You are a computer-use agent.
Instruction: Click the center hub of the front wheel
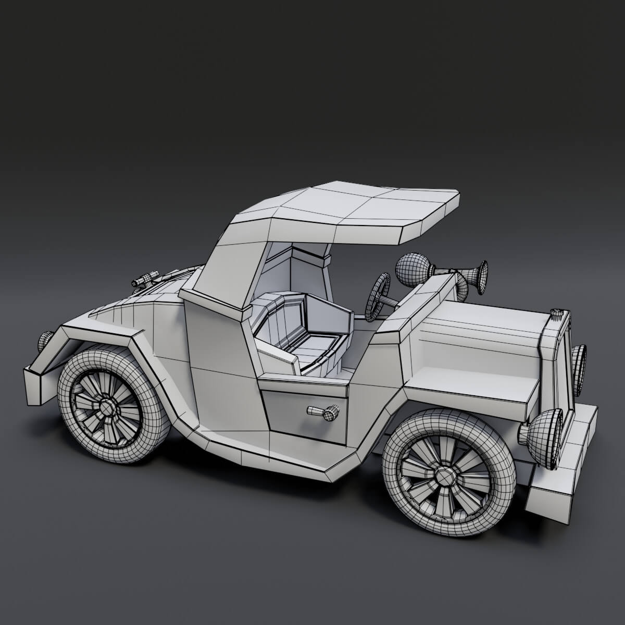[x=444, y=476]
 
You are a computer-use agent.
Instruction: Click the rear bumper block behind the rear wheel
[x=39, y=380]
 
